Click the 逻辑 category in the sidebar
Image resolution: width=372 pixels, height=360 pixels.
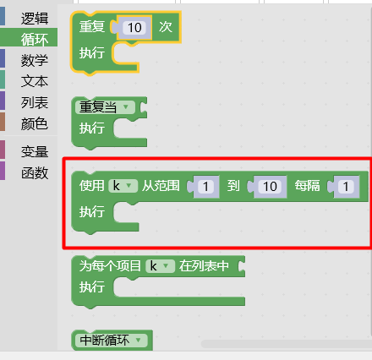tap(35, 19)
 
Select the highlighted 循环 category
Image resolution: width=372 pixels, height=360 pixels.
tap(35, 39)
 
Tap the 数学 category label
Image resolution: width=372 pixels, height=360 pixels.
tap(35, 60)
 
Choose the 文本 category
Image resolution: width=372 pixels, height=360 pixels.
tap(35, 81)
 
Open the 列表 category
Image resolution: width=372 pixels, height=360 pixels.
tap(35, 102)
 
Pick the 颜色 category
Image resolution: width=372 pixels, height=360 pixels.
tap(35, 123)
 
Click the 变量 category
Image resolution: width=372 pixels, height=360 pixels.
tap(35, 151)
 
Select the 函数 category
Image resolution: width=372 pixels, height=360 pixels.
tap(35, 172)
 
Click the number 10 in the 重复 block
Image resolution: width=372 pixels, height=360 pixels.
tap(134, 28)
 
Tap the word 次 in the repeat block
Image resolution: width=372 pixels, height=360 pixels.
tap(166, 27)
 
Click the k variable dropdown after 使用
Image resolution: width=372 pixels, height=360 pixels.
tap(123, 186)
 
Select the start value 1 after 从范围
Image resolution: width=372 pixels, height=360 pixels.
tap(205, 186)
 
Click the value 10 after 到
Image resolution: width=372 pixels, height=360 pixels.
tap(270, 186)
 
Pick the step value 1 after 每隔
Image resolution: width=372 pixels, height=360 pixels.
tap(346, 186)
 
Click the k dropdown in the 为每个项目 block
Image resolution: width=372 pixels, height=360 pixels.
tap(160, 266)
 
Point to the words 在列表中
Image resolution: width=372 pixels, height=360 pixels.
tap(204, 265)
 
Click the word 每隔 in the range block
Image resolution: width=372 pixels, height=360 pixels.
tap(307, 186)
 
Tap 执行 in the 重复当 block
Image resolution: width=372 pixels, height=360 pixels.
tap(92, 128)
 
